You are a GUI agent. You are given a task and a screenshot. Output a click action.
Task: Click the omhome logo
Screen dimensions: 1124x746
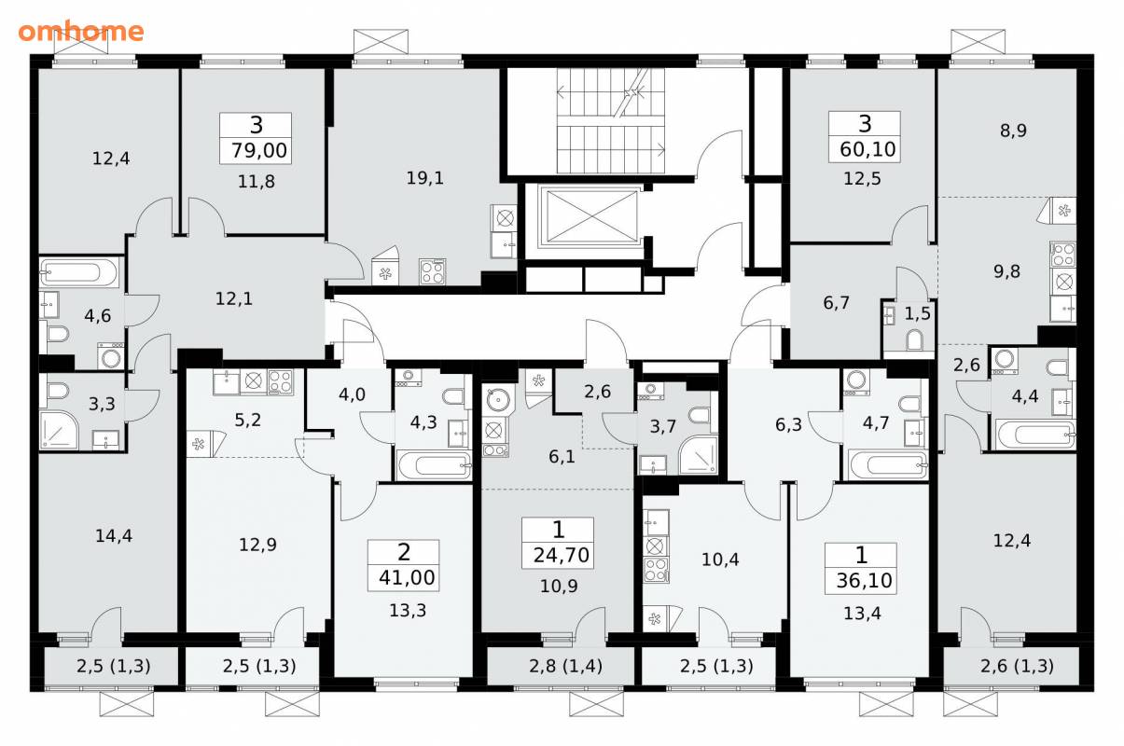tap(81, 31)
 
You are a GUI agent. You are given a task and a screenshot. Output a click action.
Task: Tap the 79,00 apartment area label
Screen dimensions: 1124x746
tap(259, 150)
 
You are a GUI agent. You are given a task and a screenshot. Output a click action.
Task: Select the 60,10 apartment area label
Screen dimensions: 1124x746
tap(867, 149)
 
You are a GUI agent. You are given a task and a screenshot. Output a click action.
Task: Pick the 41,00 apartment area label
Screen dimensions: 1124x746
tap(407, 577)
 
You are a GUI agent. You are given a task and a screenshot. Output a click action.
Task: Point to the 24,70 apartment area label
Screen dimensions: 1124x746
tap(561, 555)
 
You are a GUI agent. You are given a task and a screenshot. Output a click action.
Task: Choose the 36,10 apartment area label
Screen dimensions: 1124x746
tap(864, 580)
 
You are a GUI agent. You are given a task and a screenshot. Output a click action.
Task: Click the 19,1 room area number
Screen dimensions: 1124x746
tap(425, 178)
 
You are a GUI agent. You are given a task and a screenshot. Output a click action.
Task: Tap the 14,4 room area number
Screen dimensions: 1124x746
tap(114, 536)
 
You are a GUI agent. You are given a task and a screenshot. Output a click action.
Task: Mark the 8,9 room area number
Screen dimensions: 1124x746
tap(1013, 131)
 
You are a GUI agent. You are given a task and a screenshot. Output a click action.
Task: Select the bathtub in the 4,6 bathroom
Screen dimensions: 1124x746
tap(79, 272)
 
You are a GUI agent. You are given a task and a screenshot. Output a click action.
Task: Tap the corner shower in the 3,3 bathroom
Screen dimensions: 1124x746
tap(59, 430)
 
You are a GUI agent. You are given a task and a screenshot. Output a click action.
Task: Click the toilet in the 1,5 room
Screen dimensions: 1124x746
tap(915, 339)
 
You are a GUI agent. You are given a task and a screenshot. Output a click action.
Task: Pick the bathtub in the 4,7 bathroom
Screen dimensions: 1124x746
tap(888, 464)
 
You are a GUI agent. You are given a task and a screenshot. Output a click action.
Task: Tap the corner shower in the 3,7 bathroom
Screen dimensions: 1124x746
tap(699, 455)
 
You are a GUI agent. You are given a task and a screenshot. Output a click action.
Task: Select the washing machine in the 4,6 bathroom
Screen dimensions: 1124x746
tap(111, 356)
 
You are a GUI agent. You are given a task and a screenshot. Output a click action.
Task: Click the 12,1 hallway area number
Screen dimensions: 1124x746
tap(234, 299)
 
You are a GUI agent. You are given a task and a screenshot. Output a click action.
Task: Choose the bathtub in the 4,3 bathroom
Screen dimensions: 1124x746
tap(435, 465)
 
